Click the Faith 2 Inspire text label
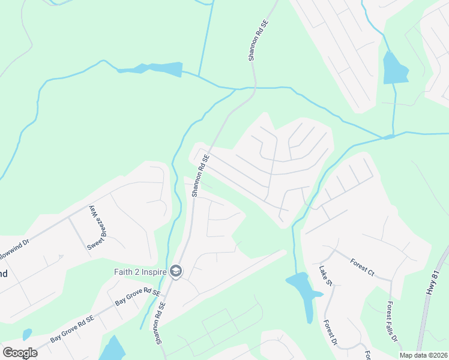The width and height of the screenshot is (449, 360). (x=140, y=272)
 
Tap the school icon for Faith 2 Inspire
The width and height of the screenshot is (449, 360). (x=176, y=272)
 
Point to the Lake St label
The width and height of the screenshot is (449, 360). (x=325, y=277)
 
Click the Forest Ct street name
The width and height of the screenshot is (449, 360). (x=363, y=268)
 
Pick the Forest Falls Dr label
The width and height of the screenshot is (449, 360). (x=393, y=322)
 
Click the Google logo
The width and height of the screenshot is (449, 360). (x=20, y=352)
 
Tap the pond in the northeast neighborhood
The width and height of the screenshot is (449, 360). (x=394, y=68)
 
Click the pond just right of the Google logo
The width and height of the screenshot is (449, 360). (x=112, y=349)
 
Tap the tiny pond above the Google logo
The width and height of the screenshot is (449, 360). (x=26, y=333)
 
